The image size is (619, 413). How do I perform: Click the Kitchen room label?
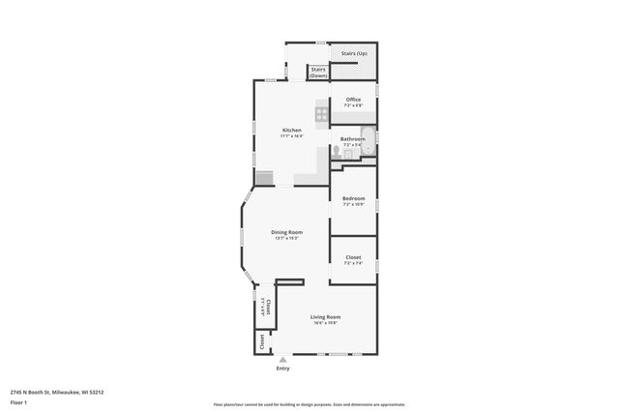[291, 130]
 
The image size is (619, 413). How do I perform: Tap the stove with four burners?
[322, 110]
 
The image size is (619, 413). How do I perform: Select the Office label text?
[353, 99]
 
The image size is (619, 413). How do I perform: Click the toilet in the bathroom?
[336, 150]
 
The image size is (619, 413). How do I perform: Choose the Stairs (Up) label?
[354, 52]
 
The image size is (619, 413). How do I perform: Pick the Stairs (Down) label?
[318, 72]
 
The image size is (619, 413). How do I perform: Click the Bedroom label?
[353, 198]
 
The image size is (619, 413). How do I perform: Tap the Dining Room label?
[286, 231]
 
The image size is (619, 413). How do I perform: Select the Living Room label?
[325, 316]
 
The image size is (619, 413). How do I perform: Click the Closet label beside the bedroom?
[353, 256]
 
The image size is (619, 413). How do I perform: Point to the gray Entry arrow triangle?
[283, 359]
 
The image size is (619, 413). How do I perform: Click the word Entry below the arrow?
[283, 369]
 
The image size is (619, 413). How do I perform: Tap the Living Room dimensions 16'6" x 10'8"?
[325, 323]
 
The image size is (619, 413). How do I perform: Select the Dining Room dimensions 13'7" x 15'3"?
[286, 238]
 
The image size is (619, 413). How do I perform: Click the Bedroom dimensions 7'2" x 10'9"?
[353, 205]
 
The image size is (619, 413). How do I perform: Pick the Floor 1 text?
[18, 401]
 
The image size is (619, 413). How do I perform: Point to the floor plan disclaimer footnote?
[309, 404]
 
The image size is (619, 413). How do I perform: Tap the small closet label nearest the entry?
[260, 341]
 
